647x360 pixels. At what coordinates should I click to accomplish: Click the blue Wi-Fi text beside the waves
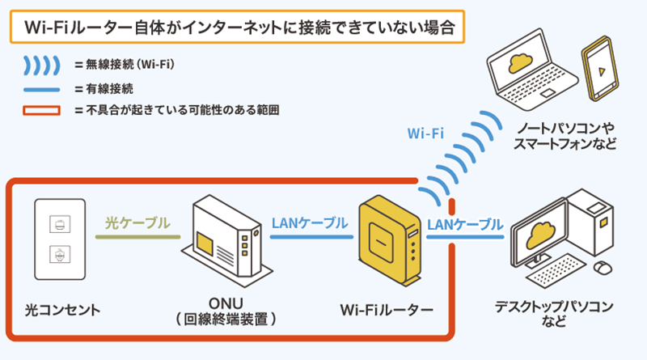[425, 133]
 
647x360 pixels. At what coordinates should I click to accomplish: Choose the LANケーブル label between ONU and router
[311, 222]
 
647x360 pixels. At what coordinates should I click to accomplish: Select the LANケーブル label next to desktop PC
[464, 222]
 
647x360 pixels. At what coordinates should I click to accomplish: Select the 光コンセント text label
[61, 309]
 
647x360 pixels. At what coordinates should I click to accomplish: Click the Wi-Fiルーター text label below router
[387, 309]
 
